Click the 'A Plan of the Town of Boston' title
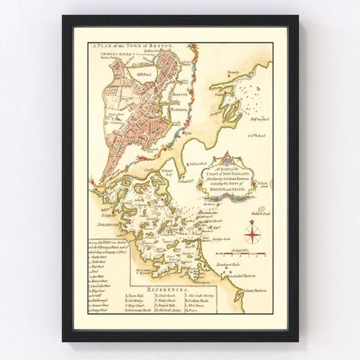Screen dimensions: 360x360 tap(131, 45)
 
